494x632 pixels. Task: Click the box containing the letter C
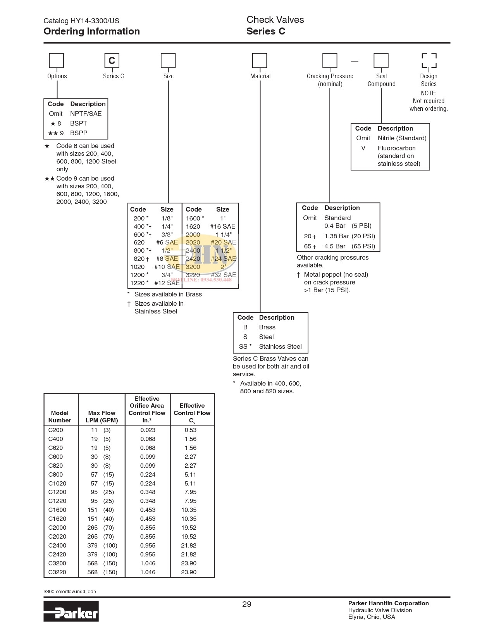click(x=112, y=60)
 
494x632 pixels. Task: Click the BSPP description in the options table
click(x=79, y=133)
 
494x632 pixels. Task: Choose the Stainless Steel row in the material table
click(x=270, y=346)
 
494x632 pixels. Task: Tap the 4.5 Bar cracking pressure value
click(x=335, y=246)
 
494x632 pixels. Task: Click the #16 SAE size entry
click(x=222, y=226)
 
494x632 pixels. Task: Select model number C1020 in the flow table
click(x=57, y=483)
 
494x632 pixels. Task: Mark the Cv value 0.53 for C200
click(x=191, y=430)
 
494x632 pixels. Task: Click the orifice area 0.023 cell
click(x=148, y=430)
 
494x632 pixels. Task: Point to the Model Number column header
click(x=60, y=417)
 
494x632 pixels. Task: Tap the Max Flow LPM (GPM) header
click(x=102, y=417)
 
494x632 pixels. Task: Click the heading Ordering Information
click(x=91, y=31)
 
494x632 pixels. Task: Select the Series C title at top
click(x=266, y=31)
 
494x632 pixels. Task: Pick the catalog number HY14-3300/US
click(x=95, y=21)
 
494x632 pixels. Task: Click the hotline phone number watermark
click(x=201, y=279)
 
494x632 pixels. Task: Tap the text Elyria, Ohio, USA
click(x=372, y=617)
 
